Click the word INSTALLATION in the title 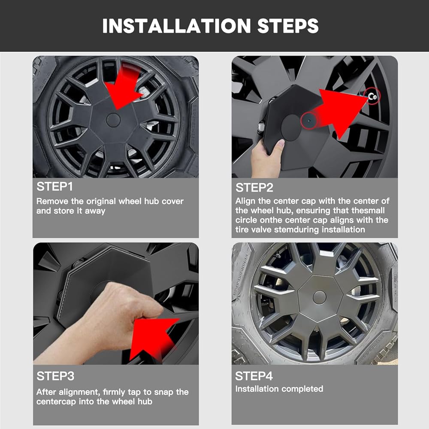coord(176,26)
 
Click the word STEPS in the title coord(288,26)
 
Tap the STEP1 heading coord(55,187)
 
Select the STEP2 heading coord(254,188)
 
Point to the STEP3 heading coord(55,376)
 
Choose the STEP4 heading coord(254,376)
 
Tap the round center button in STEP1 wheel coord(113,121)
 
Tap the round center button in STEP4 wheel coord(320,297)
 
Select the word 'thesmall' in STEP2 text coord(368,210)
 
